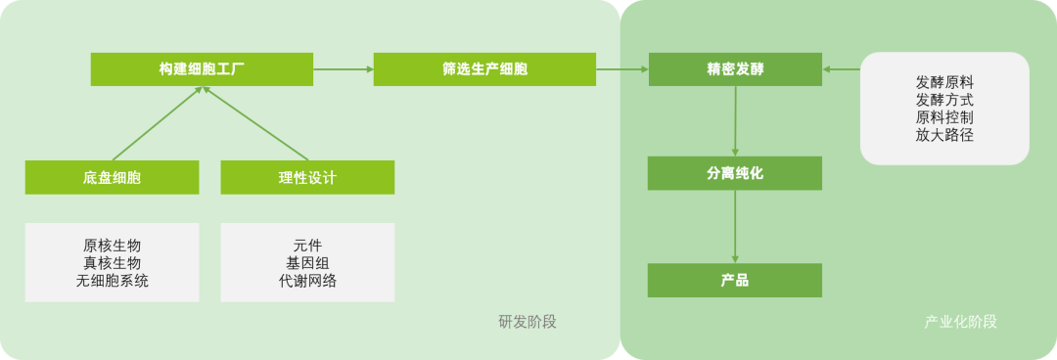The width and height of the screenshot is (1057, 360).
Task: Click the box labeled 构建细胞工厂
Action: point(201,69)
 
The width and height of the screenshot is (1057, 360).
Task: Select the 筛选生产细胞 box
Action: point(484,69)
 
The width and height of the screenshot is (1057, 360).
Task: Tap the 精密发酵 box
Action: point(735,69)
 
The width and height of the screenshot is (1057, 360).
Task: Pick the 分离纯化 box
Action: point(735,173)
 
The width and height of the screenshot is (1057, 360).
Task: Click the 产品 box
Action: point(735,281)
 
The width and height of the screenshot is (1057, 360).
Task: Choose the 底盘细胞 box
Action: point(112,178)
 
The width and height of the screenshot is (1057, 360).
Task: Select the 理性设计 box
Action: point(307,178)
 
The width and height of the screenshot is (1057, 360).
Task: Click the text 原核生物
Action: point(112,245)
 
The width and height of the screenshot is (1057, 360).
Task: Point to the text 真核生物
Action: point(112,262)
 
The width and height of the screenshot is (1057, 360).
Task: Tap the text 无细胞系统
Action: point(112,281)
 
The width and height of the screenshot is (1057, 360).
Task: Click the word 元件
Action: point(307,245)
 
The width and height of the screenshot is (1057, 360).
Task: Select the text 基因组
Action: point(307,262)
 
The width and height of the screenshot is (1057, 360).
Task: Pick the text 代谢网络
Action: point(307,281)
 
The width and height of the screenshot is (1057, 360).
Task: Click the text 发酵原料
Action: point(944,81)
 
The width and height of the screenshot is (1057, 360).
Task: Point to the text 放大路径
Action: point(944,135)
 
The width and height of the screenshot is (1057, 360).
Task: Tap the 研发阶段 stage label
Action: point(528,322)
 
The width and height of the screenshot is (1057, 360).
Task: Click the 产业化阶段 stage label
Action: point(961,322)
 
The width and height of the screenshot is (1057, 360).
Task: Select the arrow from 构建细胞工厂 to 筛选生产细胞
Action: point(343,69)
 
